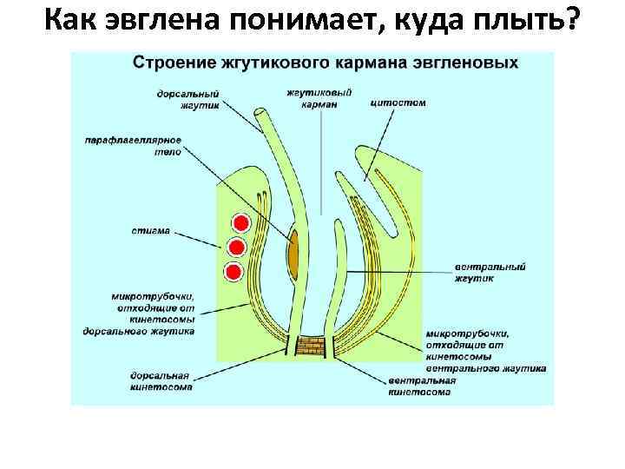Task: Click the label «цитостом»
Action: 398,102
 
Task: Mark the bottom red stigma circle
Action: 233,273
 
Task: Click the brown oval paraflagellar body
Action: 295,251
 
